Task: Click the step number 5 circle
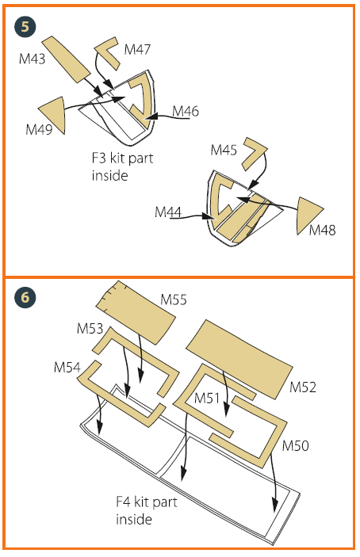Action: tap(25, 27)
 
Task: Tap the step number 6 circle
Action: tap(25, 297)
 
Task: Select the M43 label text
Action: tap(32, 59)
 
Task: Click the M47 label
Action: tap(137, 49)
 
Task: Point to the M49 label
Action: tap(39, 129)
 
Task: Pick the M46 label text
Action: tap(186, 111)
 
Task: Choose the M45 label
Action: tap(224, 150)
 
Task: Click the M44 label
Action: tap(168, 212)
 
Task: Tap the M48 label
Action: tap(322, 231)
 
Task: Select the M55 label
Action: tap(174, 299)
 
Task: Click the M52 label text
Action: tap(303, 387)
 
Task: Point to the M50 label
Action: tap(295, 445)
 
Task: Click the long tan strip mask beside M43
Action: tap(66, 59)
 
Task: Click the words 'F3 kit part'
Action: tap(122, 158)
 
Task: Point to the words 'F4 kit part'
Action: tap(147, 502)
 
